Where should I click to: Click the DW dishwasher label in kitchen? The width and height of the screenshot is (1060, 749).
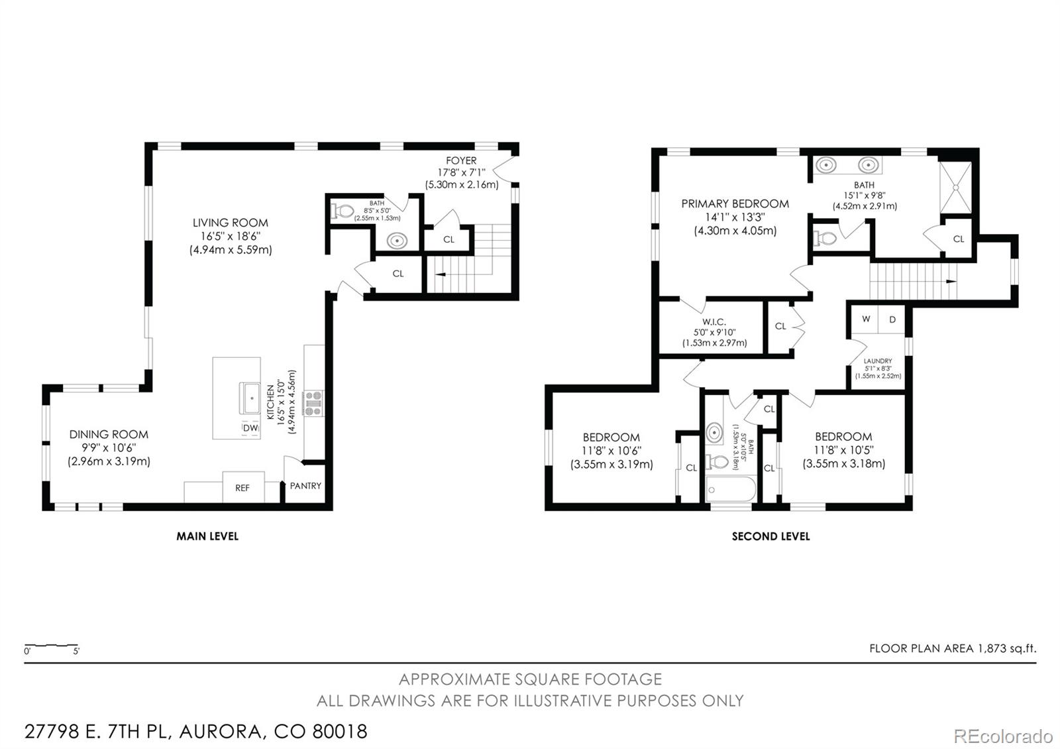[250, 429]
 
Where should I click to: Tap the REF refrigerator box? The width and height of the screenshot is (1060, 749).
[242, 487]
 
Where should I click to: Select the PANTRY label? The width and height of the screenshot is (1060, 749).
[305, 486]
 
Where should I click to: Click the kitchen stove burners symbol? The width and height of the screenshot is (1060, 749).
[313, 403]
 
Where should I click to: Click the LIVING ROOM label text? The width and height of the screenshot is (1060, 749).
[230, 223]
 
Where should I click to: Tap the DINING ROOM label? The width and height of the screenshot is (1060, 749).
[109, 435]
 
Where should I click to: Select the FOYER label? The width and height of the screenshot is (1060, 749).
[461, 160]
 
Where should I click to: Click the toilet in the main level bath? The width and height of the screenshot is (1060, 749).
[343, 211]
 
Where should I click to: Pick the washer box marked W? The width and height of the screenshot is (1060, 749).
[866, 319]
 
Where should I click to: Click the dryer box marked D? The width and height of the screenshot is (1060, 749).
[892, 319]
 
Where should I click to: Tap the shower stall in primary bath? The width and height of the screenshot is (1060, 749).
[955, 188]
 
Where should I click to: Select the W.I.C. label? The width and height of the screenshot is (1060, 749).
[714, 322]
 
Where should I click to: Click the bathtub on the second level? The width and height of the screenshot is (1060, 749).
[731, 490]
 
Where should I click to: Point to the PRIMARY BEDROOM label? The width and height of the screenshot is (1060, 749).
[735, 203]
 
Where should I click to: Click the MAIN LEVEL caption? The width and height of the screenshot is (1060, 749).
[207, 536]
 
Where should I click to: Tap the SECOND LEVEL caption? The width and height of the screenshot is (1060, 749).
[770, 536]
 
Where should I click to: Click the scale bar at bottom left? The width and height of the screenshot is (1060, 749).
[51, 646]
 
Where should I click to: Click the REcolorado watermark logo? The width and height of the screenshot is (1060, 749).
[1002, 736]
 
